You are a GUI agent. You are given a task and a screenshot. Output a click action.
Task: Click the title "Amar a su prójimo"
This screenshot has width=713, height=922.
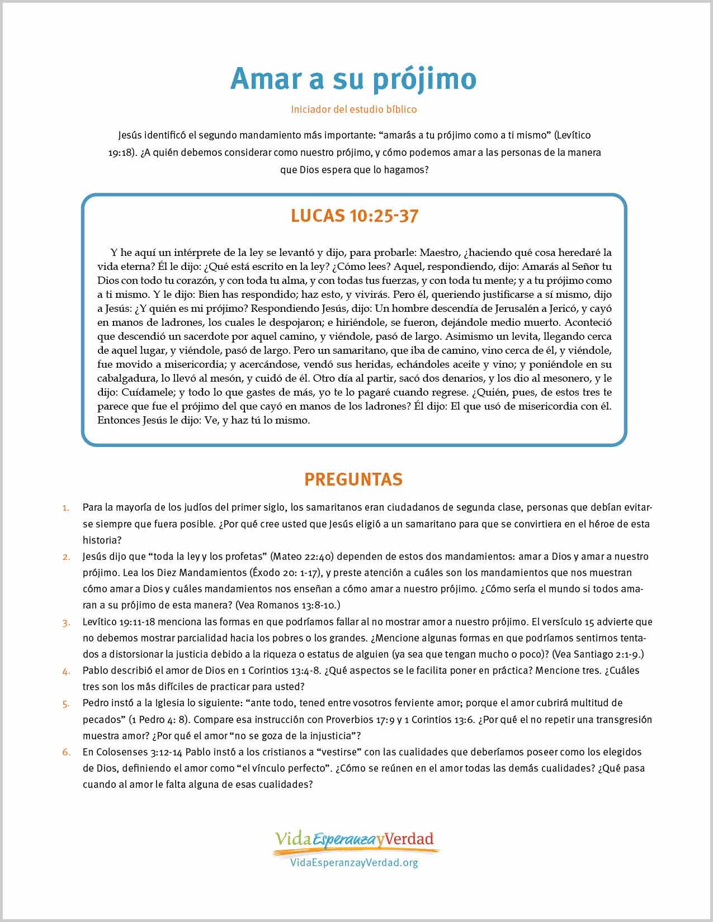pos(353,79)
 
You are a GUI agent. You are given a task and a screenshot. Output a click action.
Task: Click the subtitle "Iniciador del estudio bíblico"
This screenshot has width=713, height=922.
pos(353,110)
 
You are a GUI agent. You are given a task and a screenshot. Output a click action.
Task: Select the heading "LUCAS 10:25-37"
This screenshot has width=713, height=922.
pos(354,216)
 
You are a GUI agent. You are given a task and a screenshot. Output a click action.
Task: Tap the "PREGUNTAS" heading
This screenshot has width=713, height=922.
pos(353,479)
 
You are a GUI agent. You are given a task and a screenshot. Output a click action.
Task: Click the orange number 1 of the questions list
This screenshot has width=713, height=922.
pos(66,508)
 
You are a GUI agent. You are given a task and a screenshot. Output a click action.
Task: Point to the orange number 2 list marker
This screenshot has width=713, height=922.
pos(66,557)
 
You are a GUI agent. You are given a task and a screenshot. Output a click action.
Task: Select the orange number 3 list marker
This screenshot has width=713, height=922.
pos(66,622)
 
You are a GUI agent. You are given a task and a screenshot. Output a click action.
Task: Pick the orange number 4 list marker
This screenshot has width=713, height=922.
pos(66,671)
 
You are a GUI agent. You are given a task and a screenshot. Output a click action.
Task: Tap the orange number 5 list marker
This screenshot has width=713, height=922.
pos(66,703)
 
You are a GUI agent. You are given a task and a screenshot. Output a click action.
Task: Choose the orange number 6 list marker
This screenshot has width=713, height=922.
pos(66,752)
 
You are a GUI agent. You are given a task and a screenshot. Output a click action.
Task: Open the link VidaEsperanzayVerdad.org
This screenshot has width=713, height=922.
pos(354,863)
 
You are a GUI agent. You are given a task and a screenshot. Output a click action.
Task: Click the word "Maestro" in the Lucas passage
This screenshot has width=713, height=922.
pos(440,253)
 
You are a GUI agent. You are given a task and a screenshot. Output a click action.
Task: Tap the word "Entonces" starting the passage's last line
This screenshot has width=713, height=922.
pos(118,420)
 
